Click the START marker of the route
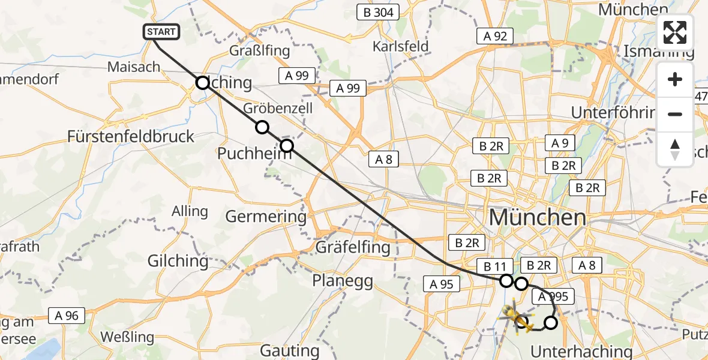161,32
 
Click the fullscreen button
675,32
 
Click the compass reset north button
675,149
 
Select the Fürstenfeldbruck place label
131,136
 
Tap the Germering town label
265,216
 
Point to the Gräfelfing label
352,247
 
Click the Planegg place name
343,280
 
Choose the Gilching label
179,261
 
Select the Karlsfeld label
400,46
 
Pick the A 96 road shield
67,315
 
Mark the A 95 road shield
441,284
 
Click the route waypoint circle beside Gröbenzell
262,127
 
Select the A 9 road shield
560,143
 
